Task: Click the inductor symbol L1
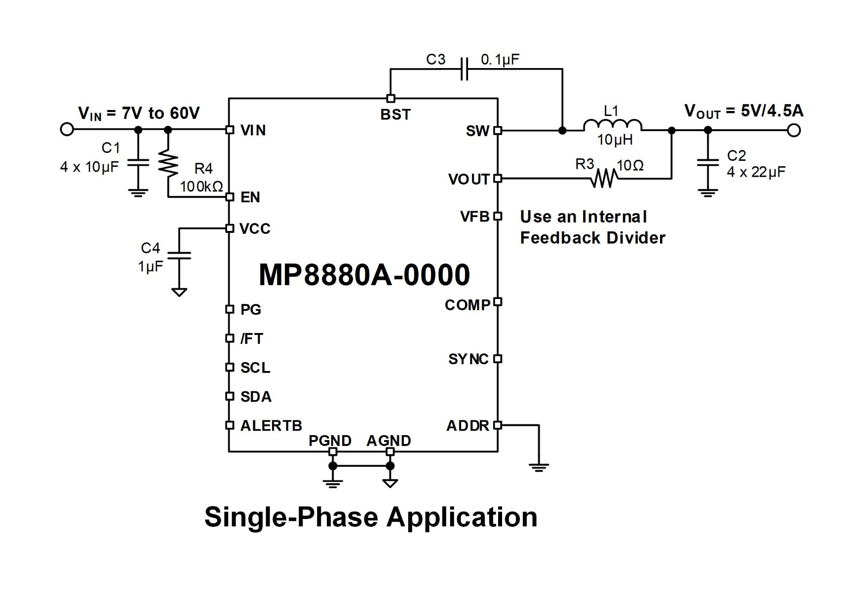612,125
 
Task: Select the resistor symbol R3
603,178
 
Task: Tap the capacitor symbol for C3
464,69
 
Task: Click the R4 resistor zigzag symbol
168,164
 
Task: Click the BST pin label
395,114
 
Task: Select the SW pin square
498,131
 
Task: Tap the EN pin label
250,197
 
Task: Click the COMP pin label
467,305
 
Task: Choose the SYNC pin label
468,359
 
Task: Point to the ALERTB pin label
271,426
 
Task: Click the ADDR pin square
498,425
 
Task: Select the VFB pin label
474,217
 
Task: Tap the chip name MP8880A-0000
364,275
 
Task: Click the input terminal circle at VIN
67,130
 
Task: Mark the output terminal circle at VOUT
793,130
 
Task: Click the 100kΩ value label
201,186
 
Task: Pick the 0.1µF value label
500,60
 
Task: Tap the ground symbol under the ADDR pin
539,467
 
